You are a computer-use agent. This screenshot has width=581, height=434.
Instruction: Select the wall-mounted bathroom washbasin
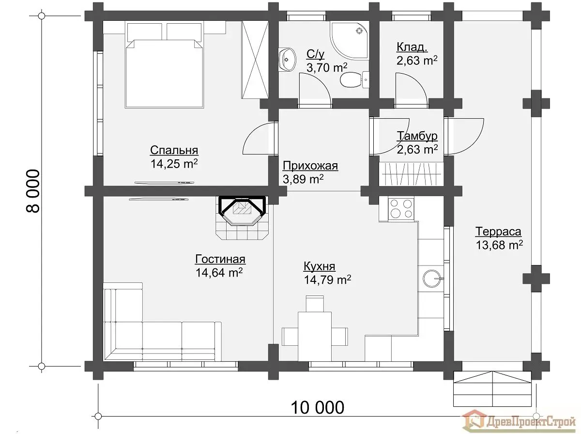tap(287, 60)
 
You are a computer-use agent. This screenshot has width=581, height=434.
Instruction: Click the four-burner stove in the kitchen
tap(401, 209)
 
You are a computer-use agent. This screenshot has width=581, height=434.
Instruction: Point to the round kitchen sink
tap(432, 279)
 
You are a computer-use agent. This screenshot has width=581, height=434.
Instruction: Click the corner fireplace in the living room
tap(243, 217)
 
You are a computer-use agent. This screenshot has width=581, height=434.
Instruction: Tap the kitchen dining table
tap(315, 336)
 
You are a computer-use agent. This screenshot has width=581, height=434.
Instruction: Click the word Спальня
tap(174, 150)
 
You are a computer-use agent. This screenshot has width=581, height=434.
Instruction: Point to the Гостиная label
tap(220, 259)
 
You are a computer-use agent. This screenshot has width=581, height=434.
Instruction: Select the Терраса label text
tap(498, 232)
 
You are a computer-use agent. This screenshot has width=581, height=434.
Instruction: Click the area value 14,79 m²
tap(327, 279)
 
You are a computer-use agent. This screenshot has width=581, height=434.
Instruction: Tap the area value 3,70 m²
tap(327, 67)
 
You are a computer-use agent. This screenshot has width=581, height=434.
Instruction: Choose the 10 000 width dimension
tap(317, 407)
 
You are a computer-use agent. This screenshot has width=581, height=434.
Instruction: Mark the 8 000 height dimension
tap(33, 191)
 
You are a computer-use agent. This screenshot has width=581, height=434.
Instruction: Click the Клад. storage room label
tap(412, 47)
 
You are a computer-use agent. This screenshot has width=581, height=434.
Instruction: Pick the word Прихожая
tap(310, 166)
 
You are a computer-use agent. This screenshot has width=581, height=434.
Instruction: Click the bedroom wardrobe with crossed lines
tap(255, 60)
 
